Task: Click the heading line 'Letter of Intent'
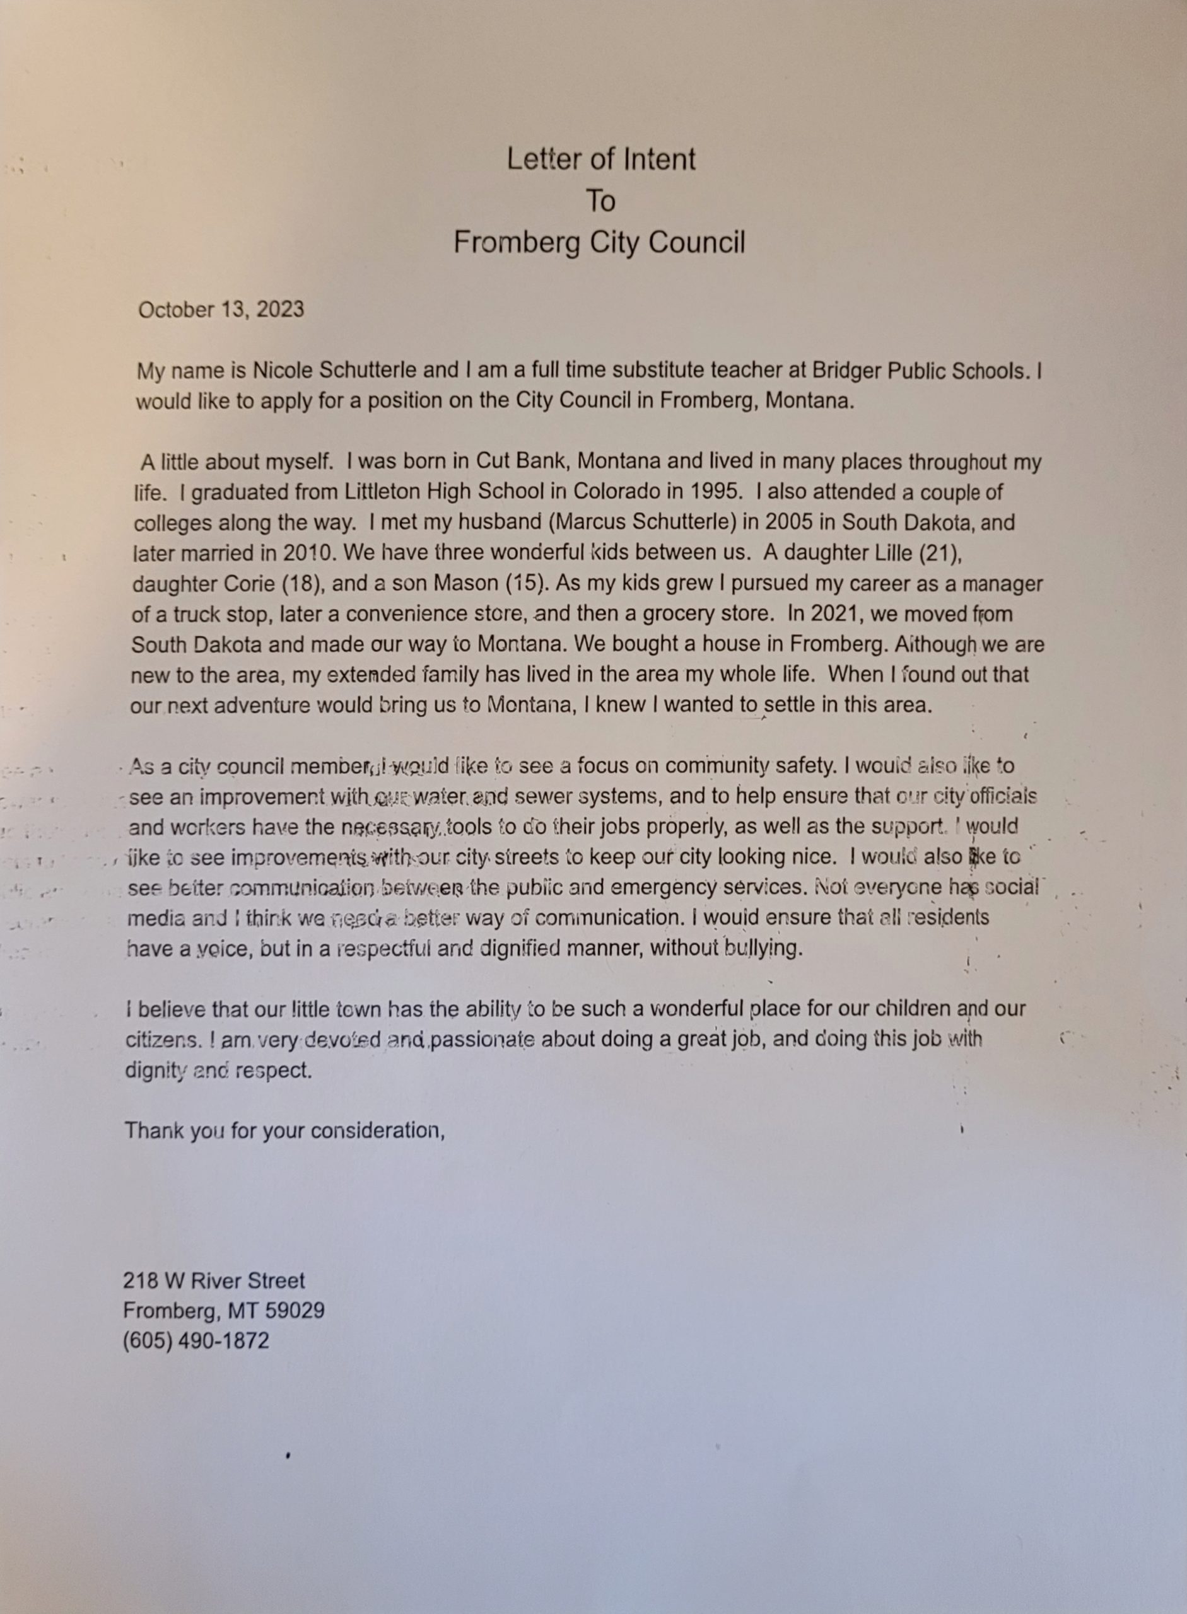(x=600, y=160)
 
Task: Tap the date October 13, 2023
(x=221, y=310)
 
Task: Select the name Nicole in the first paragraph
(x=283, y=371)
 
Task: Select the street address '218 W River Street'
(x=213, y=1280)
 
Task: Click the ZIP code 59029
(x=295, y=1311)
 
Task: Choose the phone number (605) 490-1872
(x=196, y=1341)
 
